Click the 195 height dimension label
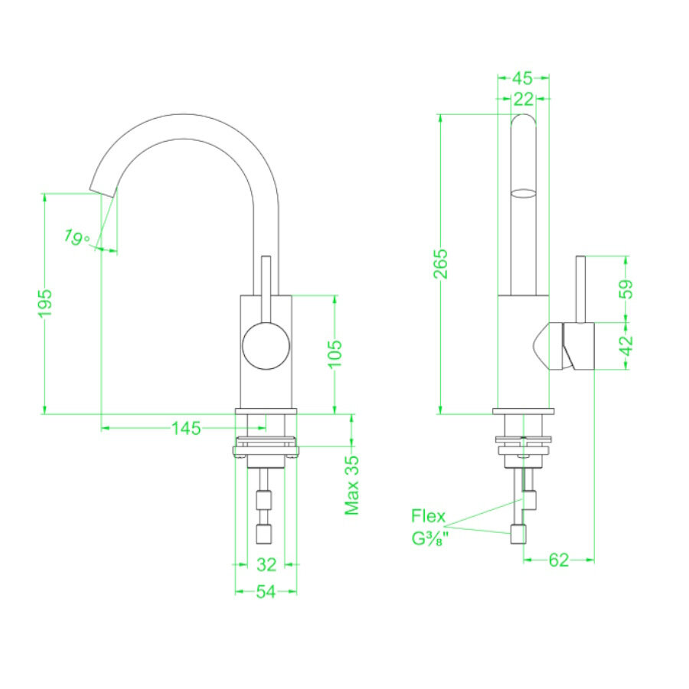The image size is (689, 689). [x=45, y=304]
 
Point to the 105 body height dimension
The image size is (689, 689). [x=335, y=354]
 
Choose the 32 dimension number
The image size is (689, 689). [x=266, y=565]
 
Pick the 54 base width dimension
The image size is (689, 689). [x=266, y=592]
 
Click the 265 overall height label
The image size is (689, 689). [x=441, y=264]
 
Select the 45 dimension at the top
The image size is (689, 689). [x=522, y=78]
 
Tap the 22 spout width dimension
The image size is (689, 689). [x=524, y=98]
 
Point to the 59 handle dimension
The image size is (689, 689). [x=627, y=289]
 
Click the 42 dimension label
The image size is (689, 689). [x=627, y=345]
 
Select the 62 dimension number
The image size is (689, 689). [x=559, y=560]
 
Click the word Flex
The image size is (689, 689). [x=428, y=515]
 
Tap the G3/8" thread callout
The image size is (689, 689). [x=429, y=539]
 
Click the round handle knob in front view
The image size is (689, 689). [x=266, y=346]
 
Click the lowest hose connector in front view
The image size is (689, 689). [x=265, y=532]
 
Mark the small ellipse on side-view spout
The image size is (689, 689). [x=524, y=192]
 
